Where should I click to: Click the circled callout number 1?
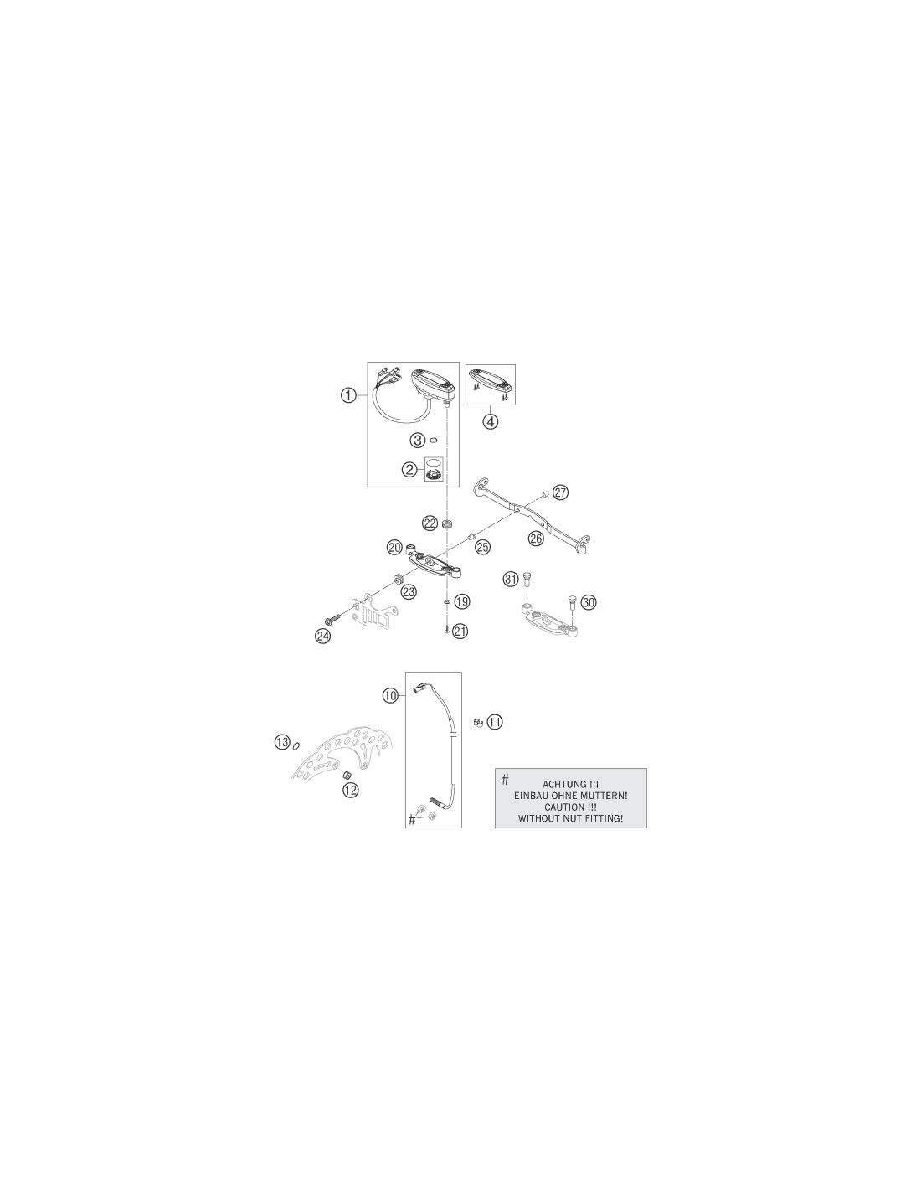coord(348,394)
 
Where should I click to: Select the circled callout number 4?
coord(491,421)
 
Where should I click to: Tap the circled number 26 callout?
coord(536,539)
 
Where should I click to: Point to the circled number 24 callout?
coord(322,636)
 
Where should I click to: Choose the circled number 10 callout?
coord(391,695)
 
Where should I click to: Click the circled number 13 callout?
coord(282,743)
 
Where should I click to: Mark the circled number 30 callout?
coord(588,602)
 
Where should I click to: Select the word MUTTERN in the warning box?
coord(603,796)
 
